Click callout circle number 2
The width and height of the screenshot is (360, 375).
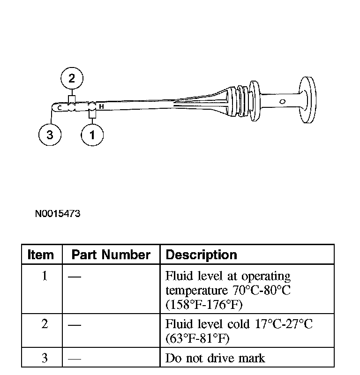[71, 78]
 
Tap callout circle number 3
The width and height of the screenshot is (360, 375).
[50, 135]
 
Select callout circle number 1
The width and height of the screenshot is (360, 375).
[92, 135]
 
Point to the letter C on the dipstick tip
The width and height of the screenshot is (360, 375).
[60, 108]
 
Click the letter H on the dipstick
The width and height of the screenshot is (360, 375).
[101, 107]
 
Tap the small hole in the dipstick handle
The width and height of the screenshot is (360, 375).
[282, 101]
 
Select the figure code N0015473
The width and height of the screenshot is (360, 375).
[58, 214]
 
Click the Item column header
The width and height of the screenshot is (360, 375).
[41, 255]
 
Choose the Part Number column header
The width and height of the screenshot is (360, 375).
[111, 255]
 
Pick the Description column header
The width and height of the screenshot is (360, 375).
[202, 255]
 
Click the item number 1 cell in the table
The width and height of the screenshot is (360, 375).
[45, 276]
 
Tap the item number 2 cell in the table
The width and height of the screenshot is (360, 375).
[45, 324]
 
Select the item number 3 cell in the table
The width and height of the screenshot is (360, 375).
[45, 359]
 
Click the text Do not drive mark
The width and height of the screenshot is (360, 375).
[215, 359]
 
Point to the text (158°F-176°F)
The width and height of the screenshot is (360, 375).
[204, 305]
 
